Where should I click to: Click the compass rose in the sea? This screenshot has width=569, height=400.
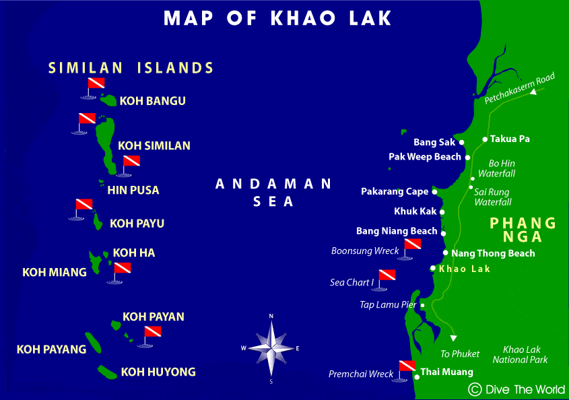271,348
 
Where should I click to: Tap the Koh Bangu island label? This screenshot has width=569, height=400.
152,101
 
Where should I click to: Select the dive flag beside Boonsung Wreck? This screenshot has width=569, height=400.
412,246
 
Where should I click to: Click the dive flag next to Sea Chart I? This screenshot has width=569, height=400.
387,276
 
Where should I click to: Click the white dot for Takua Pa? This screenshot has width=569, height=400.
485,139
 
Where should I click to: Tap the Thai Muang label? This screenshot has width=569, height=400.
446,372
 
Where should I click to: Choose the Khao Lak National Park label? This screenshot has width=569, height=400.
521,355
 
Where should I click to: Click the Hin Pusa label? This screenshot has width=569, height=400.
133,190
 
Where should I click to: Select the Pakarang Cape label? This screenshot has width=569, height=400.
395,192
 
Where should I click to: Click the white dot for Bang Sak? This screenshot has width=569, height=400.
462,143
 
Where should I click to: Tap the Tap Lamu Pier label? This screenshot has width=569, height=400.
388,305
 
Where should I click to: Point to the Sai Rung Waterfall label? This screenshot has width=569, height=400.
492,197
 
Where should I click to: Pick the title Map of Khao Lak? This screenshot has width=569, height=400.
277,18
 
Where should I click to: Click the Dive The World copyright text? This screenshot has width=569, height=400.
517,389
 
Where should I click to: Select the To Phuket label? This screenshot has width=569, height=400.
460,354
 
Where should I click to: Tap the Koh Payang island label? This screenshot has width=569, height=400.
51,349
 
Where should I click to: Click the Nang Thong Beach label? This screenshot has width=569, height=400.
493,253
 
